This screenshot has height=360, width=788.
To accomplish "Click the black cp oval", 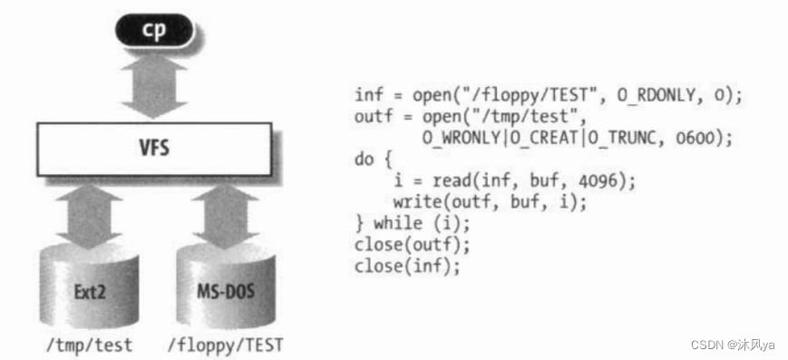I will pos(152,30).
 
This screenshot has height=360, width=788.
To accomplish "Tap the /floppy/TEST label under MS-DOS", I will pos(224,345).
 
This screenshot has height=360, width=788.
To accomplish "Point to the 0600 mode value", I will pos(705,138).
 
